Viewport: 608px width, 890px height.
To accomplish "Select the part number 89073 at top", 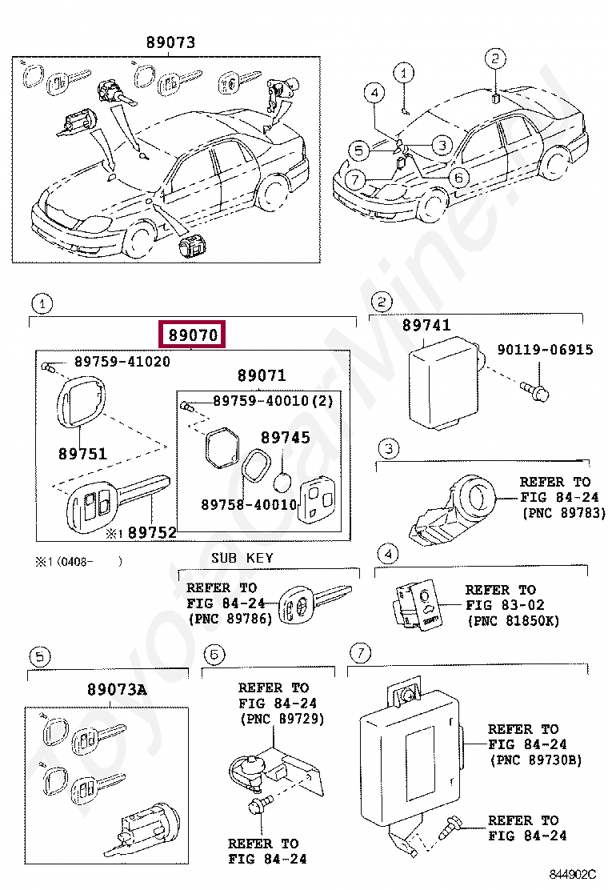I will point(170,43).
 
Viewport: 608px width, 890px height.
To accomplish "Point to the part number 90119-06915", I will point(545,350).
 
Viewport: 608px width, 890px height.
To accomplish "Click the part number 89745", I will point(285,438).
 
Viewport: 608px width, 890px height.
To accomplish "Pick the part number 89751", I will point(82,453).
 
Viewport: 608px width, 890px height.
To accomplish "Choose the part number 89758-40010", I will point(249,505).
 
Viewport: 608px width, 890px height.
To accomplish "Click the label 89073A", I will point(118,689).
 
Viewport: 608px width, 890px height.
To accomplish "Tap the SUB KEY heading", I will point(242,558).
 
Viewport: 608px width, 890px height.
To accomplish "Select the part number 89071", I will point(262,375).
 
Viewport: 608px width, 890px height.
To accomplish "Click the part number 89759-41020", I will point(122,361).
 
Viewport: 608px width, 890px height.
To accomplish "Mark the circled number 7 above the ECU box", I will point(361,653).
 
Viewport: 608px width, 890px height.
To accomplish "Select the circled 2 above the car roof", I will point(495,58).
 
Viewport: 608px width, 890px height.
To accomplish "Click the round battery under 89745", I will point(282,483).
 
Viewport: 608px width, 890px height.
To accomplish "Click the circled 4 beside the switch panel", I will point(386,553).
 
